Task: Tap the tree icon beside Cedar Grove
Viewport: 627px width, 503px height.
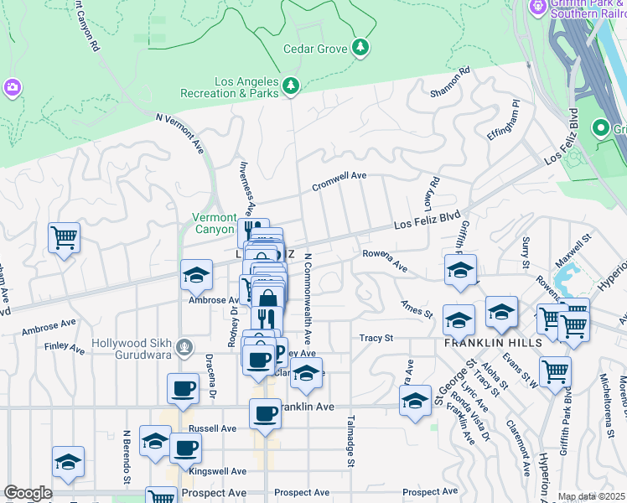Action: pos(361,47)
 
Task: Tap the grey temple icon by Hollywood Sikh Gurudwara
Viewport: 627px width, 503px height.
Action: pos(187,348)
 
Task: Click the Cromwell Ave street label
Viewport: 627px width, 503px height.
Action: pos(339,175)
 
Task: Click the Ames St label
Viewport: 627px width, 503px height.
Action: pos(417,309)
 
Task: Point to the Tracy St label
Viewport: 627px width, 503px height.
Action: pos(376,338)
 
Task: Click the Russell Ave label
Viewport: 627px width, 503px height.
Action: pos(213,428)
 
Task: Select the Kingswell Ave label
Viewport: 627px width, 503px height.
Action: pos(218,471)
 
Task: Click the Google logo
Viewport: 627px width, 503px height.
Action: pos(28,493)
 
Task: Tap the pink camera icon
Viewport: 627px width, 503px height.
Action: pos(12,86)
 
